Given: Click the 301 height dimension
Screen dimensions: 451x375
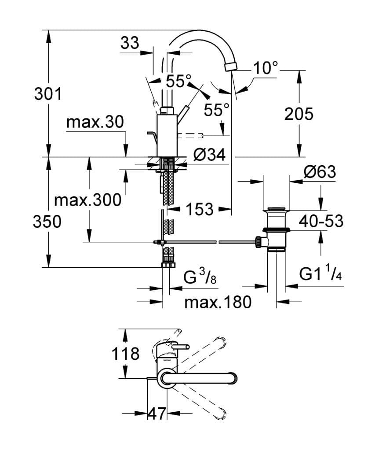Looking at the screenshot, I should [x=49, y=94].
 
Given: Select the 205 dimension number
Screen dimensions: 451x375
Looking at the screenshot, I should [x=299, y=114].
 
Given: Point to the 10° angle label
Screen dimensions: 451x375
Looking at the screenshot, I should [x=266, y=68].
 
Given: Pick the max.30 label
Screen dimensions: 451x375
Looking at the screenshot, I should [x=95, y=122].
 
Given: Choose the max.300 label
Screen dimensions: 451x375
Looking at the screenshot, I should [x=87, y=200].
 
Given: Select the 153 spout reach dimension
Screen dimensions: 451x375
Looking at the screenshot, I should [x=199, y=209].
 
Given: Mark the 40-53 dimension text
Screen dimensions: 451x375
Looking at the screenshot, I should [x=321, y=222].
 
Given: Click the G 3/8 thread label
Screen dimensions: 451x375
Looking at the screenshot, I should [x=199, y=279].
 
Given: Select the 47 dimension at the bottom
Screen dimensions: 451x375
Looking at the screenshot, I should [x=157, y=413].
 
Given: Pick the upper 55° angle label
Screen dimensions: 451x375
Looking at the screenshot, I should [x=178, y=81].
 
